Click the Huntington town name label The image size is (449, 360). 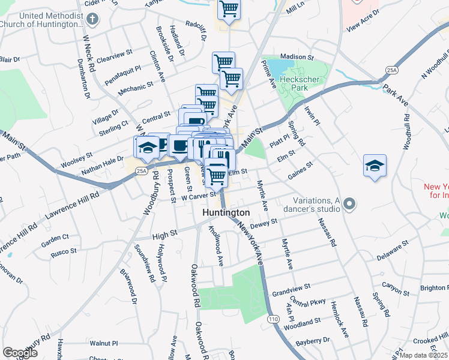tap(226, 213)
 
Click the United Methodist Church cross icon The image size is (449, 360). tap(92, 19)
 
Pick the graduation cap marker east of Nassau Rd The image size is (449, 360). tap(375, 166)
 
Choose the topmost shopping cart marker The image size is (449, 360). tap(229, 10)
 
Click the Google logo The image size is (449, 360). tap(20, 352)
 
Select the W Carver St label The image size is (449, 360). tap(198, 195)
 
